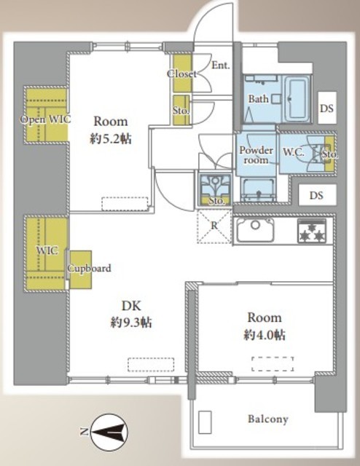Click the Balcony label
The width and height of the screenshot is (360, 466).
point(268,419)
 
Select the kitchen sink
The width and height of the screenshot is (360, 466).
point(255,230)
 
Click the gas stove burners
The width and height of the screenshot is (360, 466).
point(311,232)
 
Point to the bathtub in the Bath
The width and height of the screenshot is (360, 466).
point(296,99)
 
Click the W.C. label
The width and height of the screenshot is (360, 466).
point(294,152)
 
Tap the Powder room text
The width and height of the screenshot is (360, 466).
point(257,155)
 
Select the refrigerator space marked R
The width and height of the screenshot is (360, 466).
point(214,226)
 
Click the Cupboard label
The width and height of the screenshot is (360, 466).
point(89,269)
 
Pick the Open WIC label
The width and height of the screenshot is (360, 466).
point(45,119)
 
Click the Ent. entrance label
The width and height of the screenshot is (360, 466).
point(221,65)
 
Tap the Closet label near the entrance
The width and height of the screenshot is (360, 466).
point(181,74)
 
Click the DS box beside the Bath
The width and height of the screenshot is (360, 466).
point(327,108)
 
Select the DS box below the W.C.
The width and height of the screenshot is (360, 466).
point(317,195)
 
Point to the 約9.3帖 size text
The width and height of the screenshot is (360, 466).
point(131,323)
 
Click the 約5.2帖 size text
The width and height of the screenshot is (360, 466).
point(111,138)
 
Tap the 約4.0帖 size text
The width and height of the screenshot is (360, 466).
point(265,335)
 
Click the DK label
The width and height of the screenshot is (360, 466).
point(131,306)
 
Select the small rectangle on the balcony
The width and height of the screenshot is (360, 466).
point(205,422)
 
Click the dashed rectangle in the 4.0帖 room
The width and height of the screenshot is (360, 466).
point(273,363)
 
